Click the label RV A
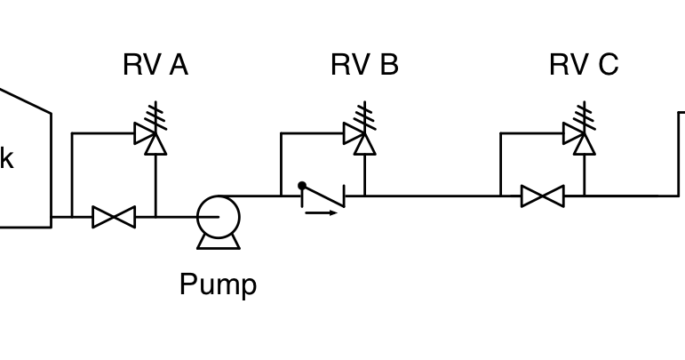[x=155, y=65]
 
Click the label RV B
[x=364, y=65]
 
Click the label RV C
[x=584, y=65]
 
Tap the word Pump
[x=218, y=284]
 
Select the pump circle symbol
[x=218, y=216]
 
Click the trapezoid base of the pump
[x=218, y=242]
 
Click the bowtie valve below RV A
[x=114, y=216]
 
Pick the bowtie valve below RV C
[x=542, y=196]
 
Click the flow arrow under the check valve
[x=321, y=213]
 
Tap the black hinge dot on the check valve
[x=302, y=186]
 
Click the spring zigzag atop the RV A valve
[x=155, y=115]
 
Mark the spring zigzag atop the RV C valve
[x=584, y=115]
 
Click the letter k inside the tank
[x=6, y=159]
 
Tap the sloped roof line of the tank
[x=27, y=100]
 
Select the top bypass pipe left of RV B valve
[x=311, y=133]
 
